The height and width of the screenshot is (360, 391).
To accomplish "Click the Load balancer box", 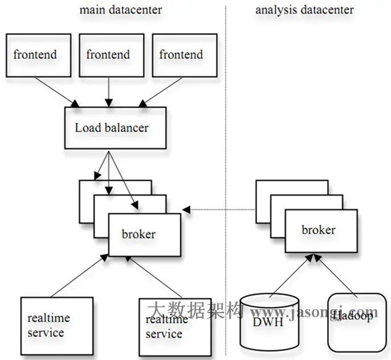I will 115,127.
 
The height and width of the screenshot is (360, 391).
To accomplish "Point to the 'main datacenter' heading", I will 120,10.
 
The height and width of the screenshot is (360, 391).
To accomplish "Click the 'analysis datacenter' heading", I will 304,10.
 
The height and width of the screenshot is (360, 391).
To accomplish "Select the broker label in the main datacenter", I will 139,234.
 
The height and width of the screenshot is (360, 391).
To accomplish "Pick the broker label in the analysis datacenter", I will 319,230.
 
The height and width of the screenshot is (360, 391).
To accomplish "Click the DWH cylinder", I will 269,323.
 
